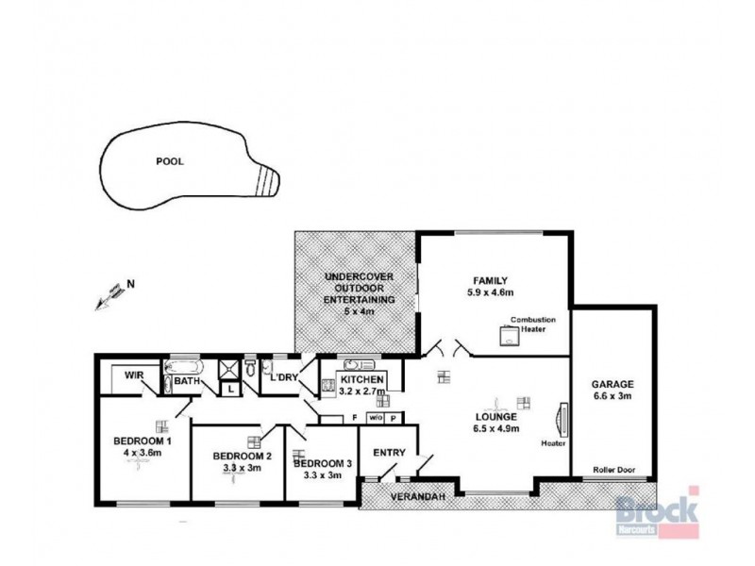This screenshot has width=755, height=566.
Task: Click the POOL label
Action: point(170,161)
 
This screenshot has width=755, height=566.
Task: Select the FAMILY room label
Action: point(491,280)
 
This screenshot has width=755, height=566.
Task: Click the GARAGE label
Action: point(612,384)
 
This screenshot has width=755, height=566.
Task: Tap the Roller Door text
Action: point(612,469)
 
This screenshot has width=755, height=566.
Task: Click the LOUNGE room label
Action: point(495,415)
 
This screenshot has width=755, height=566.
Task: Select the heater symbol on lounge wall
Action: point(562,416)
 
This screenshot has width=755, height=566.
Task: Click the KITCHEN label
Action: point(361,379)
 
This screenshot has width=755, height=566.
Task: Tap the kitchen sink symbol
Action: point(360,364)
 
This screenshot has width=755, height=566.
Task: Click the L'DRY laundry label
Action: point(284,378)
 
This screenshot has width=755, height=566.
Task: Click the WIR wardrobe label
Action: point(133,375)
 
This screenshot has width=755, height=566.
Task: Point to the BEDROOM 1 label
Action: point(142,441)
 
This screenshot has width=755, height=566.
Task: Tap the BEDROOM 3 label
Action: point(323,463)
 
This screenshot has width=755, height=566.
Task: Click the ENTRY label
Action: point(390,453)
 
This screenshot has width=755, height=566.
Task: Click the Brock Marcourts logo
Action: point(657,513)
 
